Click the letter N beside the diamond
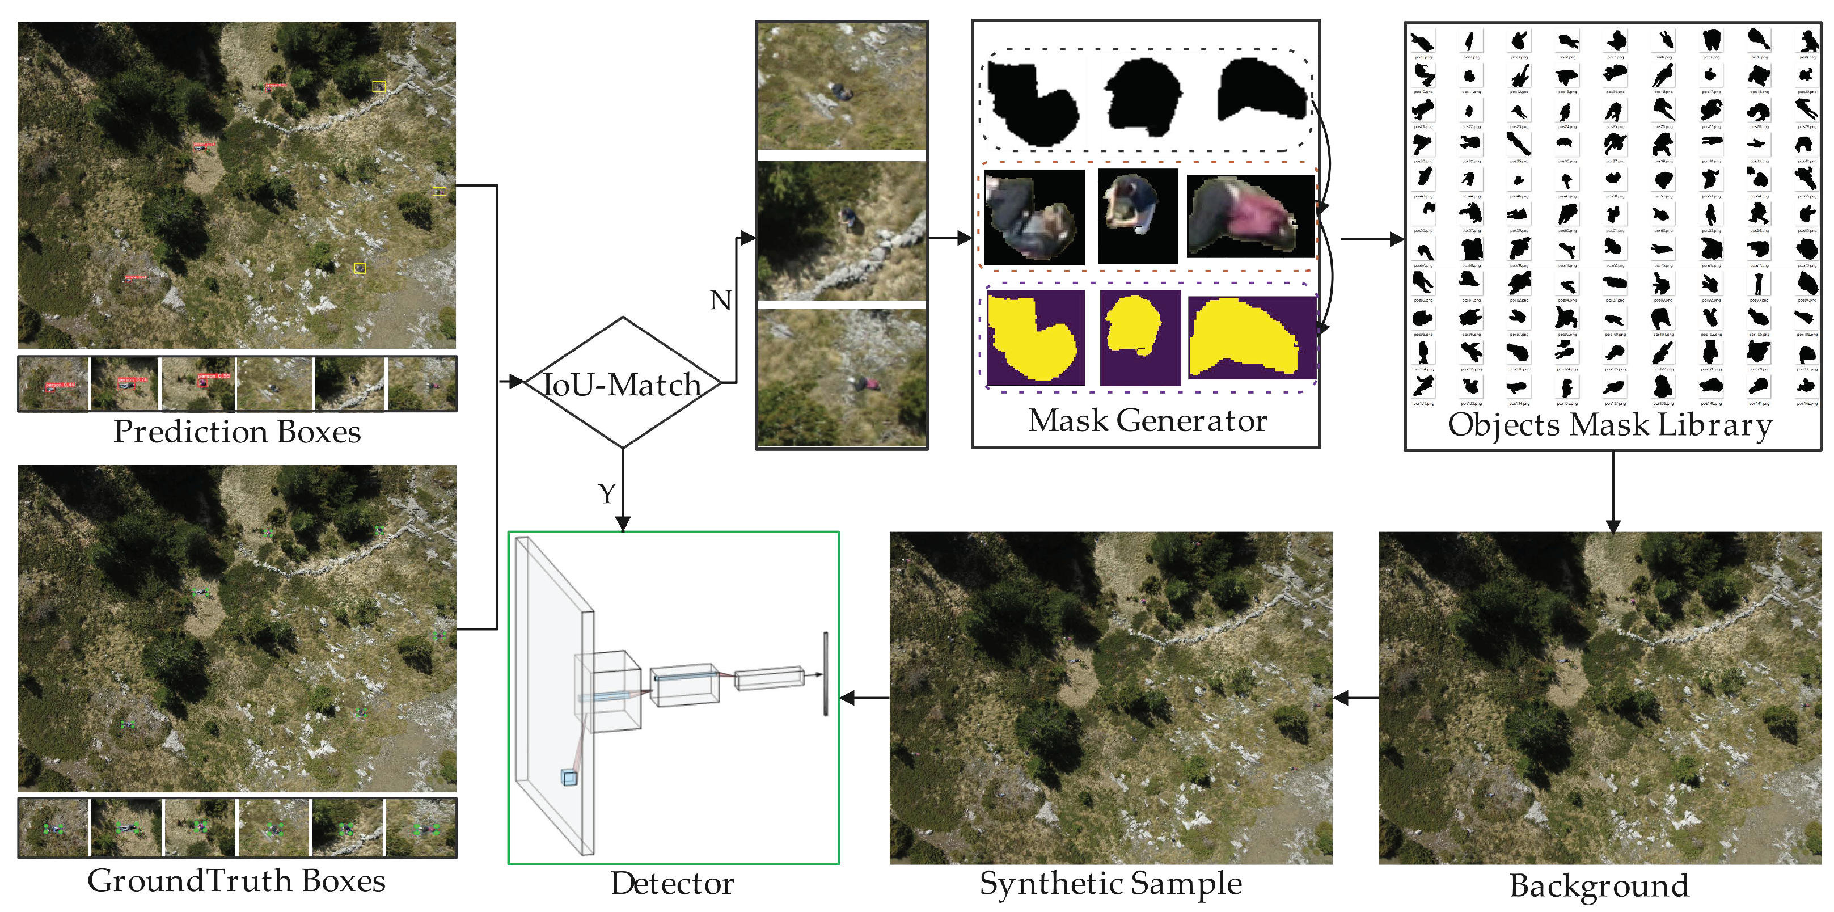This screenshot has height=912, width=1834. (x=720, y=301)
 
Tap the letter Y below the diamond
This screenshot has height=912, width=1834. (x=607, y=493)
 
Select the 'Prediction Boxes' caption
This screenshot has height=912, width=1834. (x=237, y=432)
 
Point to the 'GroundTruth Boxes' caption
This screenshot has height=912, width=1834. (x=236, y=881)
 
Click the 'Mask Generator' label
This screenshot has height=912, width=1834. (x=1147, y=420)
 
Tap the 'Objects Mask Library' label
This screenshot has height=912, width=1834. (x=1610, y=424)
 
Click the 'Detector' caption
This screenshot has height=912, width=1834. (x=672, y=883)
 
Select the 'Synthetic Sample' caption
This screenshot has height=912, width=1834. (x=1110, y=883)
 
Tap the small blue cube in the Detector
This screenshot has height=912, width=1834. (x=569, y=778)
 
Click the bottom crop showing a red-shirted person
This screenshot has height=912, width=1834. (x=842, y=377)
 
